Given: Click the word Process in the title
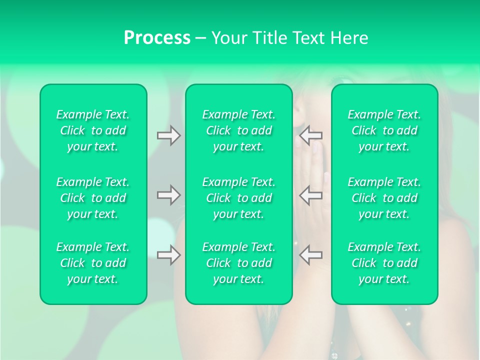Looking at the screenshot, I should point(157,38).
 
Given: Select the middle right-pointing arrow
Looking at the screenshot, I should point(169,195).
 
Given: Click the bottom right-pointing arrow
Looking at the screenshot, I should point(169,255).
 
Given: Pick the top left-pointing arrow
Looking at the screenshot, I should point(310,135).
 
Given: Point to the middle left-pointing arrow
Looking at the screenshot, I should point(310,195).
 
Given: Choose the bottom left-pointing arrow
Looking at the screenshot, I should point(310,255).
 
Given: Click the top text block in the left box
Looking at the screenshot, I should point(93,130).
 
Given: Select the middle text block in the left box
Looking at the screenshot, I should point(93,198).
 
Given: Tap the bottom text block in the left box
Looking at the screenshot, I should point(93,263).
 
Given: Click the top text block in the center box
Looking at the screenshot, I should point(238,130).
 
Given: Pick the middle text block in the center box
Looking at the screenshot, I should point(238,198).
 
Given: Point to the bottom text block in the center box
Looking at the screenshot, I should point(238,263).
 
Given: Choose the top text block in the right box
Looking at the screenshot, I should point(384,130).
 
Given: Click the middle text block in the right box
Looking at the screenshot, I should point(384,198).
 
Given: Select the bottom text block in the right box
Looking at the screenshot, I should point(384,263).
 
